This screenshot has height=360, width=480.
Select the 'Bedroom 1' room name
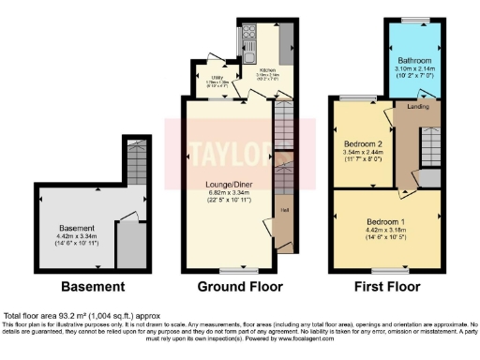(384, 215)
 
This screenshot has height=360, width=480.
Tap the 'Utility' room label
(213, 76)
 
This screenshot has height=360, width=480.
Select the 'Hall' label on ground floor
(283, 223)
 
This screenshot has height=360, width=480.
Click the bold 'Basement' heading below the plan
(92, 286)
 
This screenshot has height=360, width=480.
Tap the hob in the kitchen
(249, 38)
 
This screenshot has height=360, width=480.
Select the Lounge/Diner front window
(230, 269)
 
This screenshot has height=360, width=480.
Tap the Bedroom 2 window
(356, 97)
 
